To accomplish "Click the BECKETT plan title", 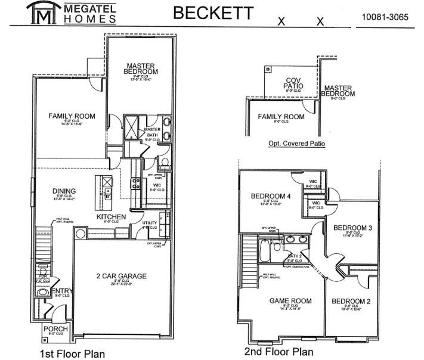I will coord(213,13).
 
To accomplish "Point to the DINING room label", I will coord(64,191).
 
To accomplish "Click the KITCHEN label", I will coord(112,217).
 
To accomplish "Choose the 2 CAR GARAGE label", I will coord(122,276).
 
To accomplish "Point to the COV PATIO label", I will coord(293,83).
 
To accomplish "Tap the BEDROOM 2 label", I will coord(351,302).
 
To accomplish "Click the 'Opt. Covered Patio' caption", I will coord(296,144).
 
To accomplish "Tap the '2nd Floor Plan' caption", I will coord(278,352).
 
